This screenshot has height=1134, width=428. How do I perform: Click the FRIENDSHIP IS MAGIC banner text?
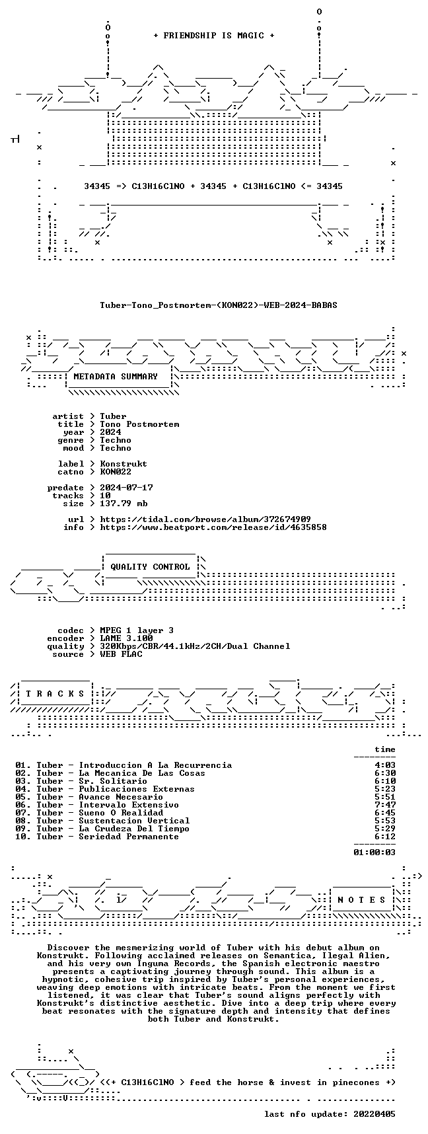click(x=214, y=36)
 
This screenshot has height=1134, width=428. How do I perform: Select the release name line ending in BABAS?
click(x=219, y=305)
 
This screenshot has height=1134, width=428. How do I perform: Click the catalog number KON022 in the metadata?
click(x=116, y=472)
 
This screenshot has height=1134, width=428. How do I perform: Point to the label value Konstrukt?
click(x=124, y=464)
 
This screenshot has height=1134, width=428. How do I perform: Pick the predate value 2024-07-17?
click(x=126, y=488)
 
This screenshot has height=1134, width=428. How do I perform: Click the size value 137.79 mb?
click(x=124, y=504)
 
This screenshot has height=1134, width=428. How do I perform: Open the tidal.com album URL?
click(x=205, y=519)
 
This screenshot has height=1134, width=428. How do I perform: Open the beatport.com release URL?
click(x=213, y=527)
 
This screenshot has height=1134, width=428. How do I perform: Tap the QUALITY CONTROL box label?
click(x=150, y=567)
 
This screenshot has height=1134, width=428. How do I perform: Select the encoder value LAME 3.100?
click(x=126, y=638)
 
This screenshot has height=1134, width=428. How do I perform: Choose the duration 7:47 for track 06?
click(x=385, y=805)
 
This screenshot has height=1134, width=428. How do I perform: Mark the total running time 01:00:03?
click(x=374, y=852)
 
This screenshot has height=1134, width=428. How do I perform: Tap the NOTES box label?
click(x=362, y=900)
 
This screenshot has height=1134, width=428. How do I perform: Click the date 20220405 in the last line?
click(x=374, y=1114)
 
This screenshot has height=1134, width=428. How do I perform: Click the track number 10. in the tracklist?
click(x=23, y=837)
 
